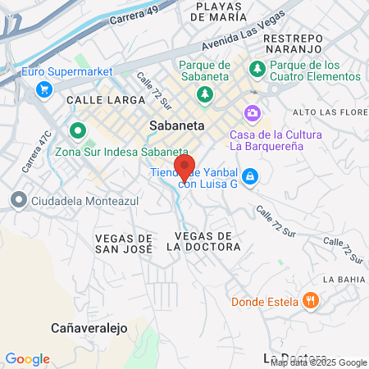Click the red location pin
pyautogui.click(x=184, y=167)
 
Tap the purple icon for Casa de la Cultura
pyautogui.click(x=252, y=112)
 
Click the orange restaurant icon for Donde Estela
pyautogui.click(x=309, y=300)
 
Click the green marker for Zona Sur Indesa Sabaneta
pyautogui.click(x=78, y=130)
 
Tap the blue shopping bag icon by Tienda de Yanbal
pyautogui.click(x=250, y=175)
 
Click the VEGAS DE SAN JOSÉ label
pyautogui.click(x=125, y=242)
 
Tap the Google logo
pyautogui.click(x=27, y=358)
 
